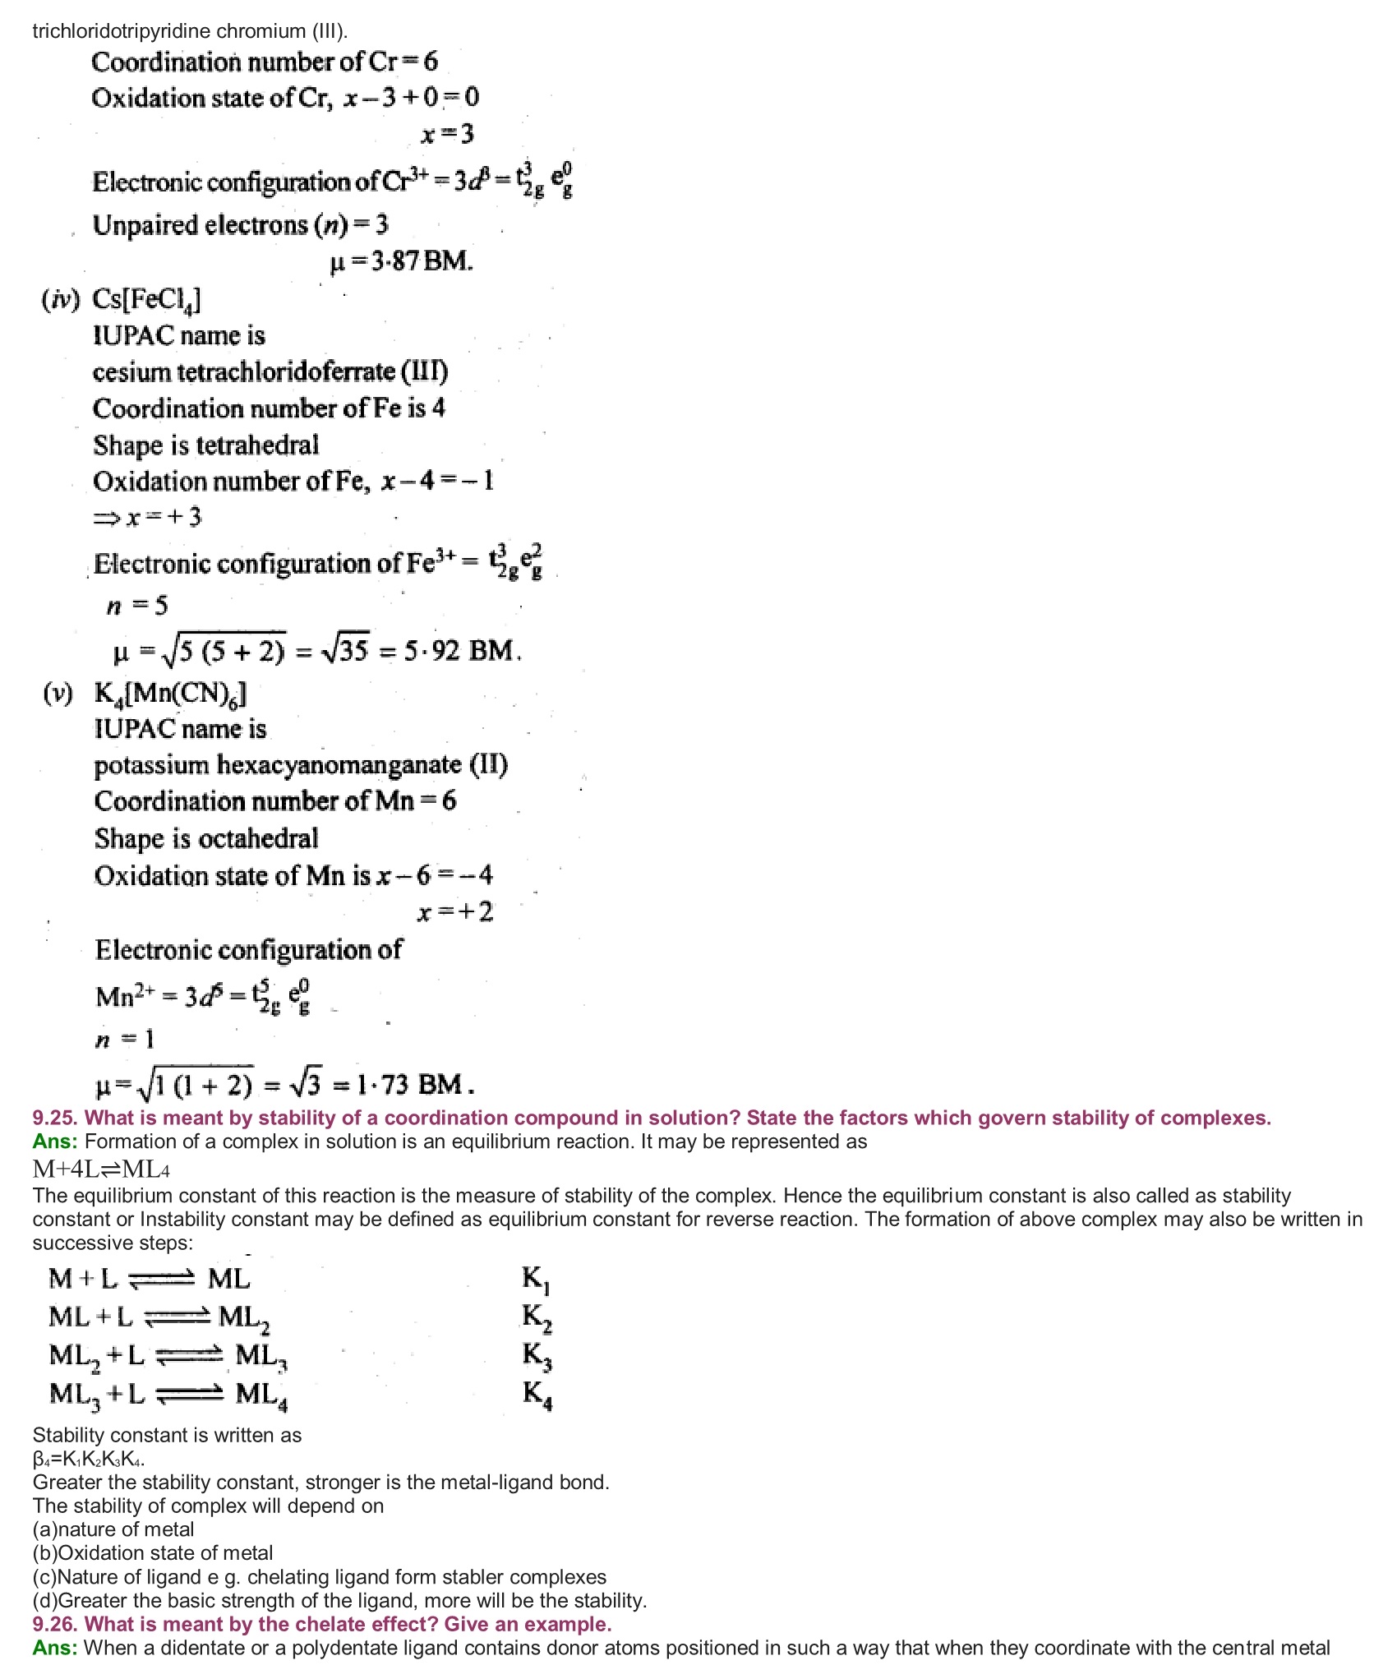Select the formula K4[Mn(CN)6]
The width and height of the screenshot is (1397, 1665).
click(x=170, y=694)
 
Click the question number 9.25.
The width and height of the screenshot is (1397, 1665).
click(x=55, y=1118)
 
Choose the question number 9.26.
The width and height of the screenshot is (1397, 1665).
click(x=55, y=1624)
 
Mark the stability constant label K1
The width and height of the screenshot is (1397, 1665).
click(x=537, y=1280)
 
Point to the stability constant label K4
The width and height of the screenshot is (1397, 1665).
click(x=537, y=1395)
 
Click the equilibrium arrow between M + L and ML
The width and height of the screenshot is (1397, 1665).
click(x=162, y=1279)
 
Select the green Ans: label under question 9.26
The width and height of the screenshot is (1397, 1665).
click(x=55, y=1648)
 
